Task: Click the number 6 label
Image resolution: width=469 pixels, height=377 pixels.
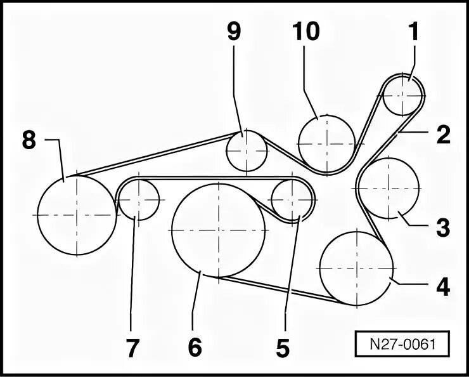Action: pos(195,347)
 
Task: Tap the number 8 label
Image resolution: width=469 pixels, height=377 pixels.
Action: pos(29,140)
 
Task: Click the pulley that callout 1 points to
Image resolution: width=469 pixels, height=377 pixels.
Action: pos(403,96)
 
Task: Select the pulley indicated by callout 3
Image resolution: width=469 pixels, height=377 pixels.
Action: pos(389,188)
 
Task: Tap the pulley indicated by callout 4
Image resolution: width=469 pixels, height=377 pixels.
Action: pos(357,268)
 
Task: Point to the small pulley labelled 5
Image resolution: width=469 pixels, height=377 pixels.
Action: pos(292,200)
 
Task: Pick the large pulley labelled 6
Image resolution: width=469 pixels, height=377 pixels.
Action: pos(219,230)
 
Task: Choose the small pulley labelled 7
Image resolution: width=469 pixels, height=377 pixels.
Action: pos(139,199)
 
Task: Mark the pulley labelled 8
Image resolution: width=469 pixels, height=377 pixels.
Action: pos(77,215)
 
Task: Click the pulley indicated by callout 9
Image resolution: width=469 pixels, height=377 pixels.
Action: pos(247,150)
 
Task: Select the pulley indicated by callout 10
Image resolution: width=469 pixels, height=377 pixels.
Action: pos(326,143)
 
